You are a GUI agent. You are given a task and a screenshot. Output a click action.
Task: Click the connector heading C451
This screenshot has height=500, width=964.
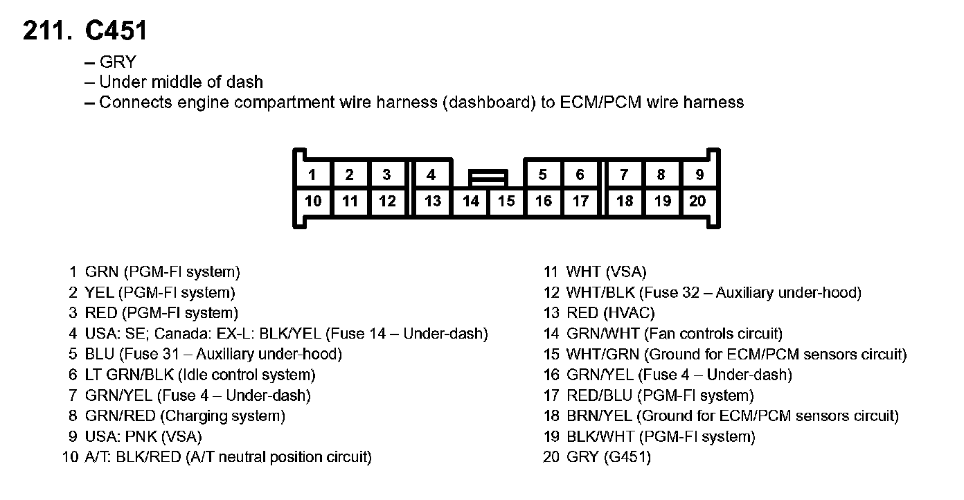pos(116,31)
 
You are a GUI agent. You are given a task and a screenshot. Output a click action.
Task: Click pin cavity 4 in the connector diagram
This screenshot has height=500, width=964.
pos(431,175)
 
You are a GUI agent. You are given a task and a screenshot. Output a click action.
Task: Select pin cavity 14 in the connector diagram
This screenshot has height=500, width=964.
pos(471,202)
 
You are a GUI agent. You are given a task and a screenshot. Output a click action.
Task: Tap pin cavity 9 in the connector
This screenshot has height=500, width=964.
pos(699,175)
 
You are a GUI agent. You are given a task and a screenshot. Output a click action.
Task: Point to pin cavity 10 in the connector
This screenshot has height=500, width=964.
pos(313,202)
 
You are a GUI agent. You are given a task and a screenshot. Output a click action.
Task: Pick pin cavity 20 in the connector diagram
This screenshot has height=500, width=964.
pos(698,202)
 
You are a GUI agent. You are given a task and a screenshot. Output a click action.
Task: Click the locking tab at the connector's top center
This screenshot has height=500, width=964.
pos(488,178)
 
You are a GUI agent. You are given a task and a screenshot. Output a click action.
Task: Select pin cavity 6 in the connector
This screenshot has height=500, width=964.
pos(580,175)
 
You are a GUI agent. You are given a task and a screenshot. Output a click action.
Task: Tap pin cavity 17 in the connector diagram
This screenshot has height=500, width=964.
pos(580,202)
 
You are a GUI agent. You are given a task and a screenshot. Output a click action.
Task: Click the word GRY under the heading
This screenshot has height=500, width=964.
pos(118,62)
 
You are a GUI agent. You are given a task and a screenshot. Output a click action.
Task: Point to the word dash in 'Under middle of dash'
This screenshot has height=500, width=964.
pos(244,82)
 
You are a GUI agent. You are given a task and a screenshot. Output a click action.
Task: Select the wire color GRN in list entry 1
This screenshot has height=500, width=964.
pos(101,272)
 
